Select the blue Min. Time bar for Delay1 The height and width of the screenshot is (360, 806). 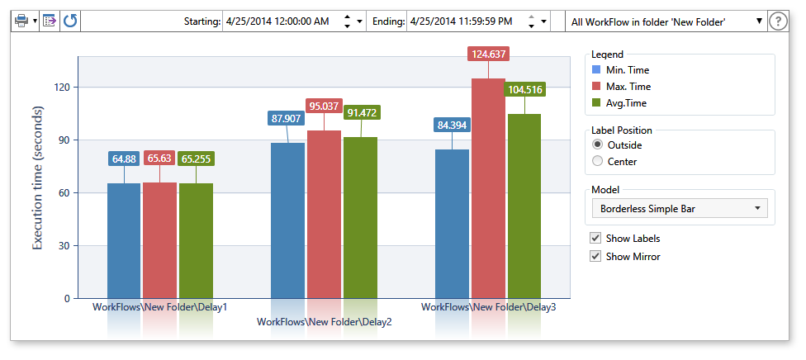[x=124, y=240]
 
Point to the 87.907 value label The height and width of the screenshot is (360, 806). [x=287, y=118]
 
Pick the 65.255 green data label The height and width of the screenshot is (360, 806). [x=196, y=159]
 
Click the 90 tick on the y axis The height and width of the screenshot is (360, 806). [x=63, y=140]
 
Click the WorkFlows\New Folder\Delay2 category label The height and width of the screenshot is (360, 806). [x=324, y=322]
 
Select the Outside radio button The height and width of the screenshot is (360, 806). [x=598, y=144]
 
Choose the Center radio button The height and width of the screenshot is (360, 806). [x=598, y=161]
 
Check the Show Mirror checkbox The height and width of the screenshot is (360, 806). [x=595, y=256]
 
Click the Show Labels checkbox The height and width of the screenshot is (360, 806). [x=595, y=238]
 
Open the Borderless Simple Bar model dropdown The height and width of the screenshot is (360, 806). [x=680, y=209]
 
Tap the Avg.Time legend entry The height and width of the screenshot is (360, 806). [x=626, y=103]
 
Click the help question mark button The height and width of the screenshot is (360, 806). [x=777, y=21]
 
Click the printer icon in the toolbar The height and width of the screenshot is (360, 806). [x=21, y=21]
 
